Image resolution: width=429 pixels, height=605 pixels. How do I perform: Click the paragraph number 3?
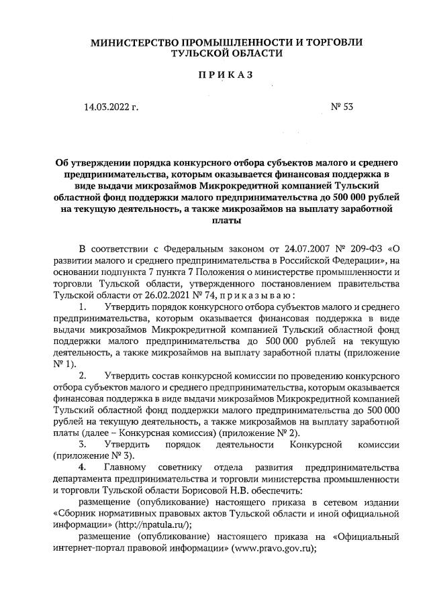[83, 444]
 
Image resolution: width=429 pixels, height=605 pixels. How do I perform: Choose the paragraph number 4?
[83, 467]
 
